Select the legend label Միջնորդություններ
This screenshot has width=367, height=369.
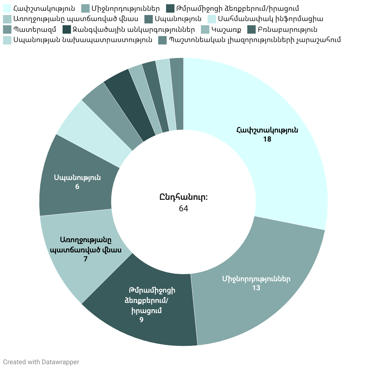click(126, 8)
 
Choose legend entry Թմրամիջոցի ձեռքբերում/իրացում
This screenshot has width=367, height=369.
click(238, 8)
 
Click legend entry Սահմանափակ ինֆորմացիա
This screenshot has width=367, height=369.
click(270, 19)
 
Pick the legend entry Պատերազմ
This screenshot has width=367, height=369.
click(35, 29)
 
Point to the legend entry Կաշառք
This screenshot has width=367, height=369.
click(226, 29)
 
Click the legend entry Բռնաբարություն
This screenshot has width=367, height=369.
click(287, 29)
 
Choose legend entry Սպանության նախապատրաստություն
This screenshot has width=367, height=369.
click(83, 40)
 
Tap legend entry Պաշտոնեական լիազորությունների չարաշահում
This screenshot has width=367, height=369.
click(254, 40)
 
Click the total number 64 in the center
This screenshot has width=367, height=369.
click(183, 208)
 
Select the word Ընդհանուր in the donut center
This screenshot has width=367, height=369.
click(183, 197)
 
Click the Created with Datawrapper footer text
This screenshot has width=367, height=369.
click(41, 362)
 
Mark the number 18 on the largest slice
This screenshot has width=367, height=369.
click(267, 139)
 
